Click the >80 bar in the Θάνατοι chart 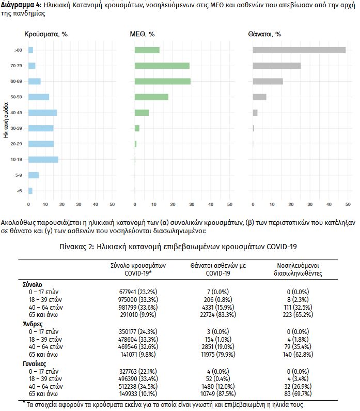click(299, 50)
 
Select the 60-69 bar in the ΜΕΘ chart click(162, 81)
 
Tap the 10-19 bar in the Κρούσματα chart click(43, 159)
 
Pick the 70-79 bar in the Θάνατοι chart click(276, 66)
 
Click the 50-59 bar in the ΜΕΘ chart click(151, 97)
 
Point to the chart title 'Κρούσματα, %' click(46, 34)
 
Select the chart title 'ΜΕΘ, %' click(143, 34)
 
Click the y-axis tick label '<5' click(18, 191)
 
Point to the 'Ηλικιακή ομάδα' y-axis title click(5, 120)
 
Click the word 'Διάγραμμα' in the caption click(19, 5)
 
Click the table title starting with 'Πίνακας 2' click(178, 247)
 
